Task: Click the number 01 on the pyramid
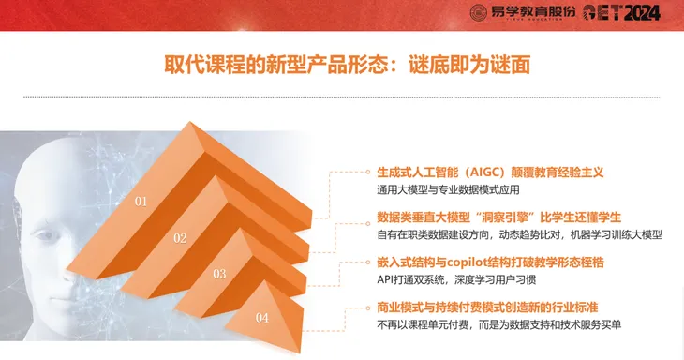(141, 202)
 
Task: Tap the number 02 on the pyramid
(180, 238)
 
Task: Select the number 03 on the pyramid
(219, 274)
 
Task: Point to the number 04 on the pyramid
(261, 317)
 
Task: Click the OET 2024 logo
(621, 13)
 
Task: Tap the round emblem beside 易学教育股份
(478, 13)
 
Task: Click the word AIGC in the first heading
(484, 172)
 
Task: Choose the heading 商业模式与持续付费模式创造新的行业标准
(487, 307)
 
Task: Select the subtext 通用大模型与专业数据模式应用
(448, 189)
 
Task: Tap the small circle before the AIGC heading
(367, 172)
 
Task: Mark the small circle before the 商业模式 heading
(367, 307)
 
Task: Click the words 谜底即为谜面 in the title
(469, 65)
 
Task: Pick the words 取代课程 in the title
(204, 65)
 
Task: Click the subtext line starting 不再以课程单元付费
(499, 324)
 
